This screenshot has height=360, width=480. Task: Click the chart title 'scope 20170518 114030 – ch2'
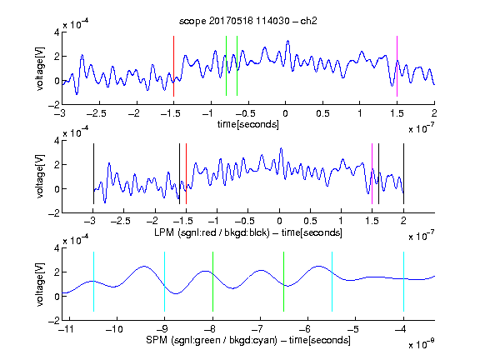pos(248,21)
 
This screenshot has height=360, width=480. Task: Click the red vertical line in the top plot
pos(173,66)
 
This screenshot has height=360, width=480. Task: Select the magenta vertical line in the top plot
pos(397,66)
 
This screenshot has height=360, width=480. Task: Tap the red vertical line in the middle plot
pos(186,173)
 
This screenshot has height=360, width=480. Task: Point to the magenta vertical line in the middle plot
pos(372,173)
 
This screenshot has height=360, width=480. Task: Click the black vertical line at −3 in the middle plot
pos(93,173)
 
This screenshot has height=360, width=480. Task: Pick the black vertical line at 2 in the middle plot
pos(403,173)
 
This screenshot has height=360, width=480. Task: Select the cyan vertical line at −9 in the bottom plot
pos(164,282)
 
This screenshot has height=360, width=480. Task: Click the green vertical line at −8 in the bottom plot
pos(212,282)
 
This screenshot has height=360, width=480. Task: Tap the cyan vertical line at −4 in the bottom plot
pos(403,282)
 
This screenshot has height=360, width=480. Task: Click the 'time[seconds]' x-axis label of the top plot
pos(248,124)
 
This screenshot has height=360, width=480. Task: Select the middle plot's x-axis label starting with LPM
pos(248,232)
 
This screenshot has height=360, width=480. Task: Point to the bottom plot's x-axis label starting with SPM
pos(248,340)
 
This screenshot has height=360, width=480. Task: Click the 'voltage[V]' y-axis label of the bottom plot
pos(40,284)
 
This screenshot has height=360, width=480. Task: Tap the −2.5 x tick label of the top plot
pos(96,113)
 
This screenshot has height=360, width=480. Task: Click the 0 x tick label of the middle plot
pos(279,221)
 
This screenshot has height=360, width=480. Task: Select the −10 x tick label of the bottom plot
pos(114,329)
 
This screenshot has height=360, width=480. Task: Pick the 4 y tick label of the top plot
pos(57,32)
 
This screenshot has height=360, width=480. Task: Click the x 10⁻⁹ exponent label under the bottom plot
pos(422,345)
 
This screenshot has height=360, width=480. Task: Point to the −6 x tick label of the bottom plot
pos(305,329)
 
